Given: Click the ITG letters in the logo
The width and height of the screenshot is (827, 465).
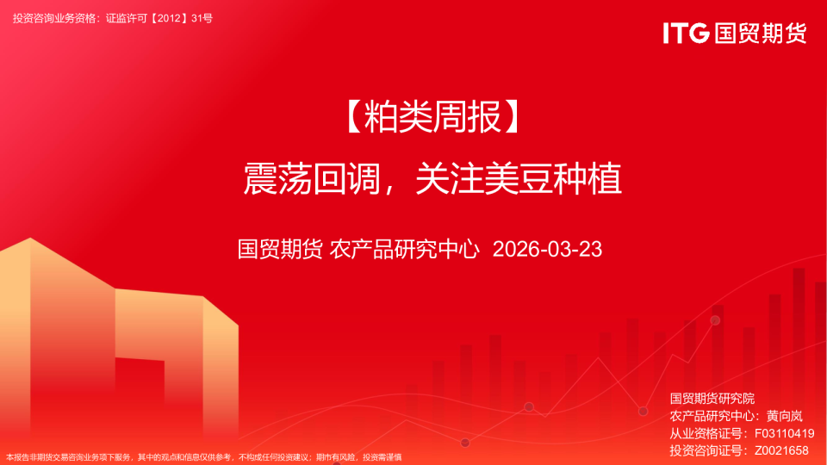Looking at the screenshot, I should (686, 33).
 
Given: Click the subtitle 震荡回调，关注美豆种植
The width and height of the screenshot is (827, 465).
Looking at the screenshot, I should (432, 179).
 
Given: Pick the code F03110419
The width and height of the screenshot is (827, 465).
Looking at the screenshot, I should (784, 433).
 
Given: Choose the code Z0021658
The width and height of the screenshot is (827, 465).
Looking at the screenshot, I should (781, 450).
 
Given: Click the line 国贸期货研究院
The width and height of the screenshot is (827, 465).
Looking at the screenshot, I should (712, 399).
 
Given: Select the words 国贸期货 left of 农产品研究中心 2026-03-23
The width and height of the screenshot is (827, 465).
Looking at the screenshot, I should (280, 250).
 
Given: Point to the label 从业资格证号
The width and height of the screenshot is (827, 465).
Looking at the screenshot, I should (708, 433).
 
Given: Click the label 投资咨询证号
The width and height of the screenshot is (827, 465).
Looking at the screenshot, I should (708, 450).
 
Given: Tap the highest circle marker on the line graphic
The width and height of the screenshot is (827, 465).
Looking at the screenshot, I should (715, 320).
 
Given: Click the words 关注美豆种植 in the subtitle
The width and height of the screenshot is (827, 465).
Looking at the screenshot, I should (518, 179).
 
